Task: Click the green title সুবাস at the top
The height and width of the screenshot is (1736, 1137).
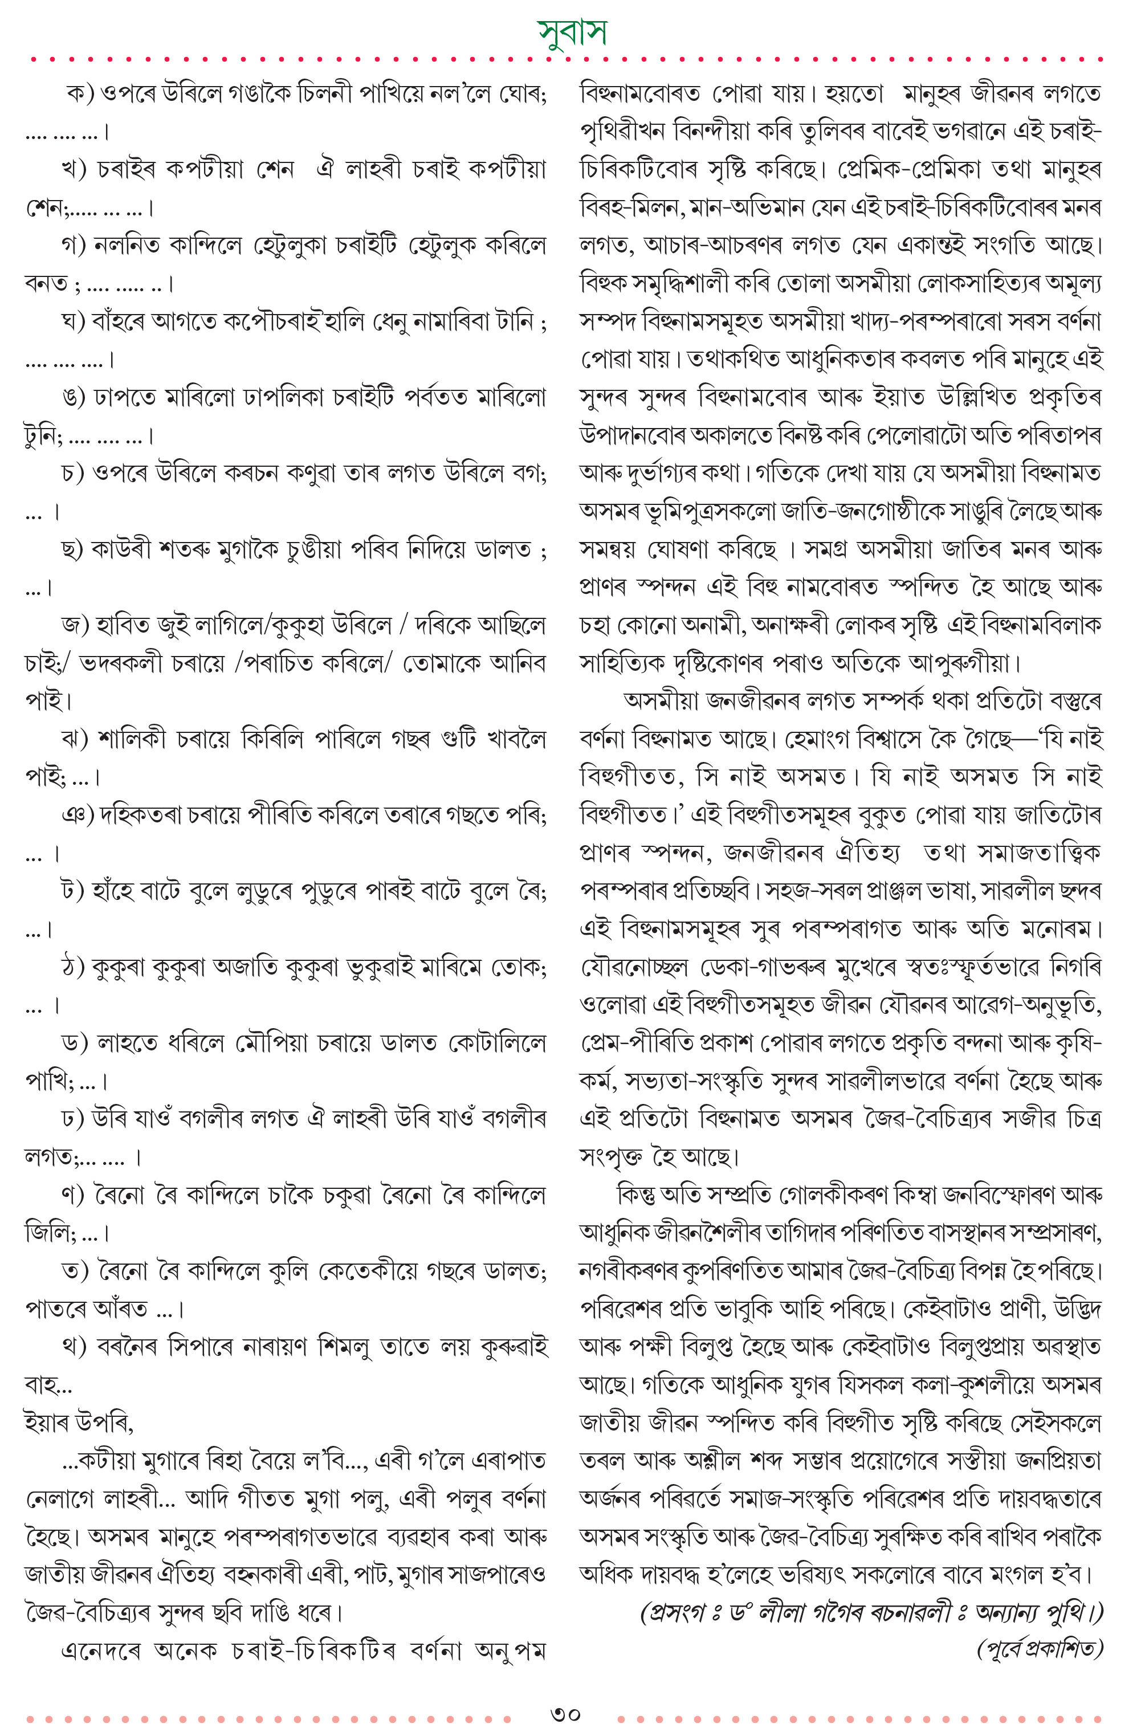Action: (571, 31)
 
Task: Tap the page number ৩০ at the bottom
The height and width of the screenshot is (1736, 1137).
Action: (565, 1713)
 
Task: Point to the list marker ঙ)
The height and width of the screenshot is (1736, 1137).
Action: (75, 398)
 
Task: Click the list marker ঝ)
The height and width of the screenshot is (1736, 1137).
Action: (75, 740)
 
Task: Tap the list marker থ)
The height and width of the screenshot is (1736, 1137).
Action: (75, 1347)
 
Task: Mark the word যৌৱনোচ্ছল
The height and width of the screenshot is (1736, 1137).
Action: (634, 968)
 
